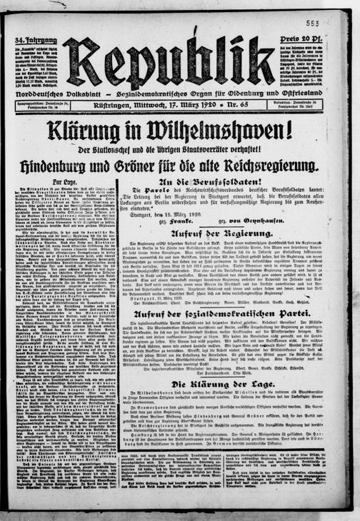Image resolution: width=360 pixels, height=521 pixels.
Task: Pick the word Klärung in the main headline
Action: click(90, 131)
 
